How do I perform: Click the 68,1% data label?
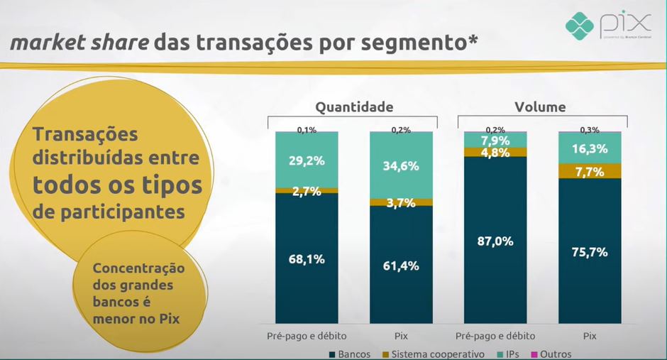pos(307,259)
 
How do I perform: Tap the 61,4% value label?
pos(402,266)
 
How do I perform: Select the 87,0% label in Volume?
pos(495,241)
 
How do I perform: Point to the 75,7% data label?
pos(590,252)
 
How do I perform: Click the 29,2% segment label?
pos(307,160)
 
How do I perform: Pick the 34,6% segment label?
pos(402,165)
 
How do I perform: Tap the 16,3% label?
pos(590,149)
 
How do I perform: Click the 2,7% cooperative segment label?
pos(307,190)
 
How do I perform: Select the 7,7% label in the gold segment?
pos(590,171)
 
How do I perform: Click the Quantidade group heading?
pos(354,107)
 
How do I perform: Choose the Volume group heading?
pos(540,107)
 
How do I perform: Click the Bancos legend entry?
pos(350,354)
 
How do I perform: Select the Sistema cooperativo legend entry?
pos(436,354)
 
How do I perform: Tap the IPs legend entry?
pos(511,354)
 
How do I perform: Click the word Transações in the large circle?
pos(86,134)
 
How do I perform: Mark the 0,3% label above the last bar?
pos(590,130)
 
